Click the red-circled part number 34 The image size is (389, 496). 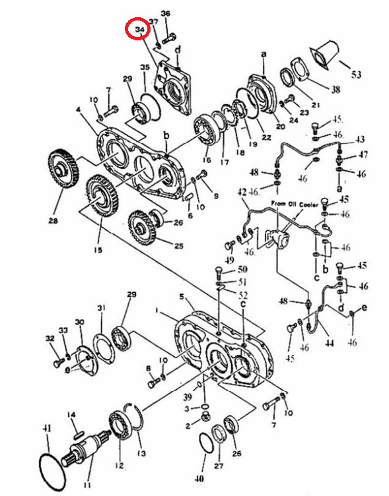click(140, 29)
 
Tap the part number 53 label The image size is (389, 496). click(357, 75)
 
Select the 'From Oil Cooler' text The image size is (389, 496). click(295, 204)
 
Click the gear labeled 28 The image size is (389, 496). click(64, 169)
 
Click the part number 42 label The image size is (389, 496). click(242, 193)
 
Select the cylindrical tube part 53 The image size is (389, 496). click(325, 55)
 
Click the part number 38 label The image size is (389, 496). click(336, 90)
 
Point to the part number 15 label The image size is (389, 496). click(98, 250)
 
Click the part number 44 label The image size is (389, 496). click(330, 342)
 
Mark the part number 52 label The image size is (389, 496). click(243, 295)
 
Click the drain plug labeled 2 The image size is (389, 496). click(205, 419)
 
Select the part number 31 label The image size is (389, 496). click(101, 307)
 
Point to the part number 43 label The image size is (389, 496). click(360, 139)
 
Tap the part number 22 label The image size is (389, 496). click(267, 138)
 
